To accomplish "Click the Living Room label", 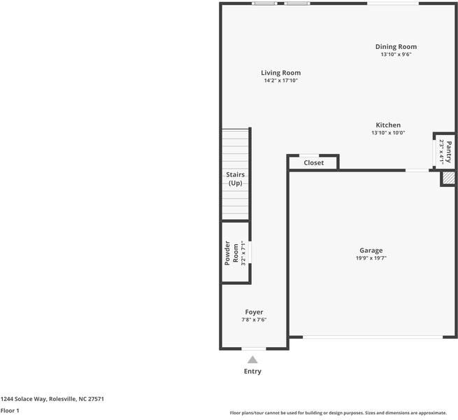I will point(280,73).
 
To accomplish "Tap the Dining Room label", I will point(396,47).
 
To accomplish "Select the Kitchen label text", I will point(387,125).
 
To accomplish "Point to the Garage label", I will point(371,250).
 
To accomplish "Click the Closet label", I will point(313,163).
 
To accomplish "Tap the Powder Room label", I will point(231,253).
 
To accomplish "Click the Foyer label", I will point(254,312).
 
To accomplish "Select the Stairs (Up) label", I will point(235,178).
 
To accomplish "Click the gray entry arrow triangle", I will point(253,359).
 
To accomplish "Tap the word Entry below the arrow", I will point(252,372).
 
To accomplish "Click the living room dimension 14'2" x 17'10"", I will point(280,80).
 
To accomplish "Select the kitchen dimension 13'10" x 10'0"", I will point(387,133).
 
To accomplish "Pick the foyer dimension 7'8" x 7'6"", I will point(254,320).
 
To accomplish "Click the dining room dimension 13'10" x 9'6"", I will point(396,55).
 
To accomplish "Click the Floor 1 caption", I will point(10,411).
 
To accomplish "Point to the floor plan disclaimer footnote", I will point(338,413).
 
